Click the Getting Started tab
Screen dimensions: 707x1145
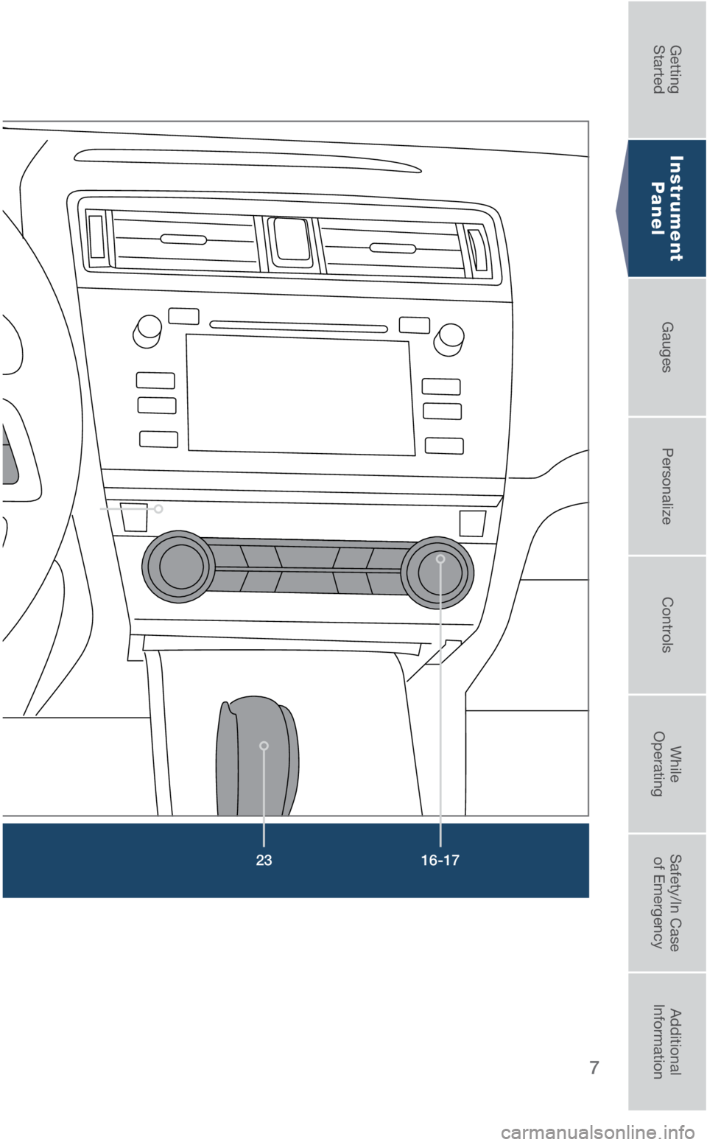pos(666,69)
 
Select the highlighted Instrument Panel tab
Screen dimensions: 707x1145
pos(666,208)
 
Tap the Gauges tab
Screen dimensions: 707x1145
pos(666,347)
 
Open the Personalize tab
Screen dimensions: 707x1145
pos(666,486)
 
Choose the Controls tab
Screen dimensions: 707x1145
pos(666,625)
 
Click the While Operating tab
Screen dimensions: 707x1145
pos(666,763)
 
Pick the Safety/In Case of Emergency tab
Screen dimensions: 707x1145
pos(666,903)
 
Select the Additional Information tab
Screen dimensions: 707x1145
pos(666,1042)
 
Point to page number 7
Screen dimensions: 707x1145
pos(594,1068)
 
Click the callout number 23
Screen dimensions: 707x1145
pos(264,861)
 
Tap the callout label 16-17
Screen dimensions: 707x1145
pos(440,861)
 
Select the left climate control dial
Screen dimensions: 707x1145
pos(178,567)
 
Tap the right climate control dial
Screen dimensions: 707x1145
pos(437,572)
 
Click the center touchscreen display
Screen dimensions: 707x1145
pos(301,395)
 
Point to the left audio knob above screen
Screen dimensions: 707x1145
pos(147,331)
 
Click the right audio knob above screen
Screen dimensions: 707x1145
pos(449,339)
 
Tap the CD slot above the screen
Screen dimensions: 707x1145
pos(298,326)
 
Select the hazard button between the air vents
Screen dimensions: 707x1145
pos(291,242)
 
